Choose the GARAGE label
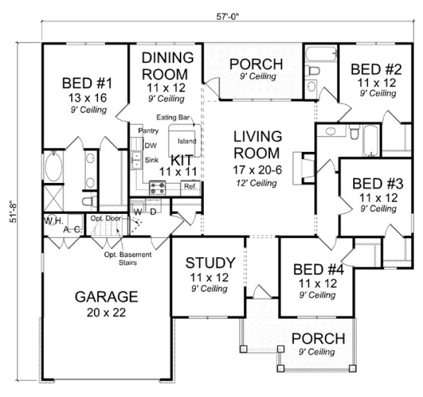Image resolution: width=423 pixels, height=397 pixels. tap(106, 297)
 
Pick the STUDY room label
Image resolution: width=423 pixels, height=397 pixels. tap(209, 263)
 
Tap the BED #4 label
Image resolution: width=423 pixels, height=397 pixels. tap(315, 268)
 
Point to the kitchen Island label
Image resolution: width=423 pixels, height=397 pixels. tap(187, 142)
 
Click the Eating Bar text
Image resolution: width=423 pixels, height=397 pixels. tap(173, 117)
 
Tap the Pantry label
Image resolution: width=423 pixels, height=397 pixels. tap(148, 130)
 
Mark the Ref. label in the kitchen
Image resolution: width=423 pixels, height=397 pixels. tap(191, 187)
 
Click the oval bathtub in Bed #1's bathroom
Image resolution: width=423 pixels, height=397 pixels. tap(53, 167)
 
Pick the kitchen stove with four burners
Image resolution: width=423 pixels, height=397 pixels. tap(158, 188)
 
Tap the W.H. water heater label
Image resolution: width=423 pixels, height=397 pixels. tap(50, 221)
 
